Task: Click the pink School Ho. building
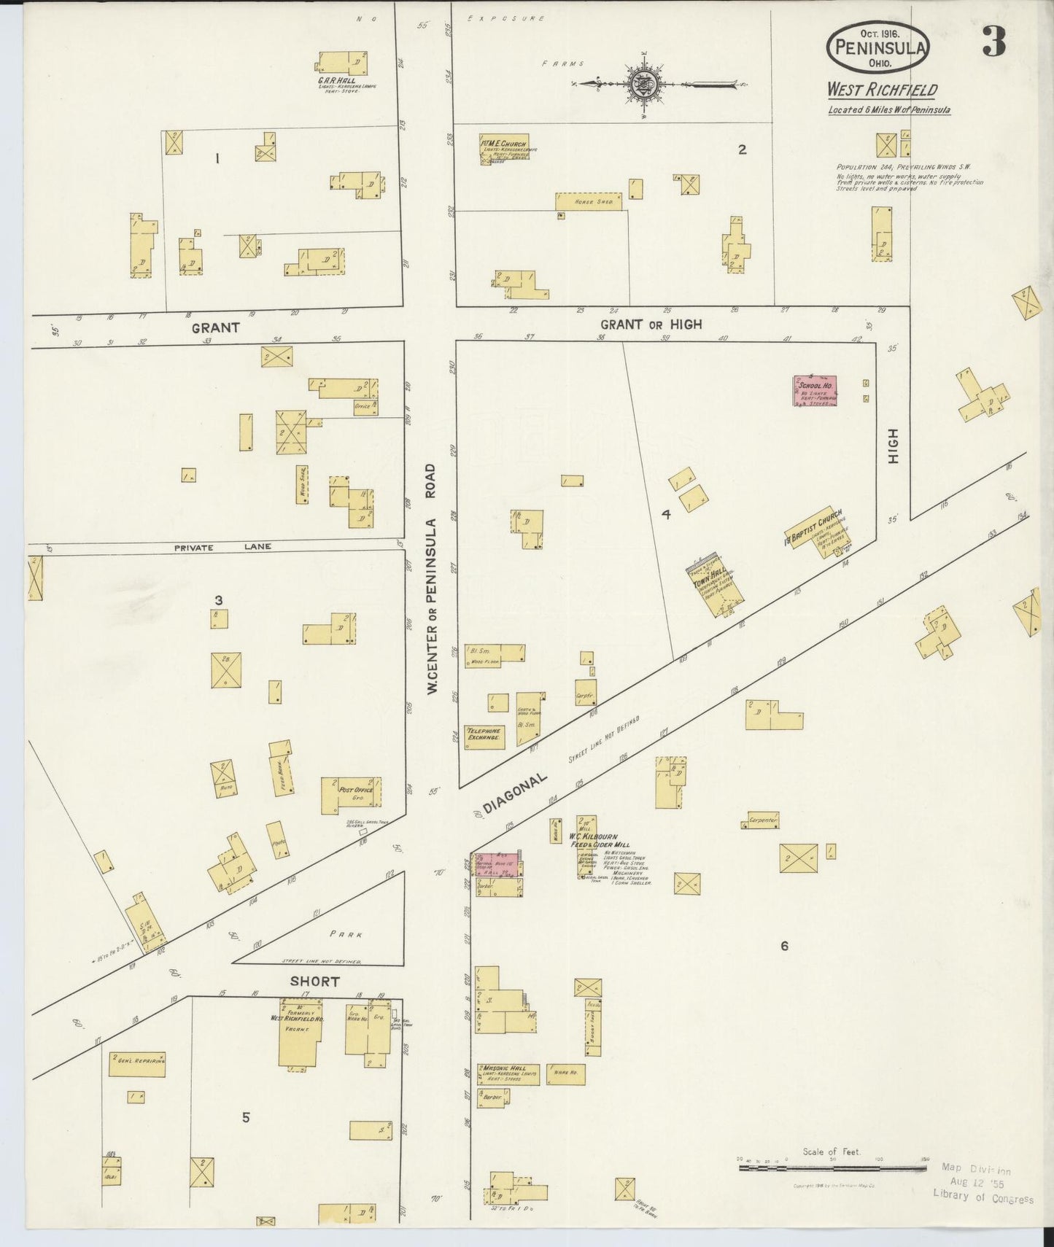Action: click(815, 391)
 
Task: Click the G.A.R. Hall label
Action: click(336, 80)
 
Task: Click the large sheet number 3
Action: click(993, 42)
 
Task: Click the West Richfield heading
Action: click(882, 90)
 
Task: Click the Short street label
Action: click(314, 981)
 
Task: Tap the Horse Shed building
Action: click(589, 201)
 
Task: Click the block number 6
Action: click(784, 946)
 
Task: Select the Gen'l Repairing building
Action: click(137, 1065)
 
